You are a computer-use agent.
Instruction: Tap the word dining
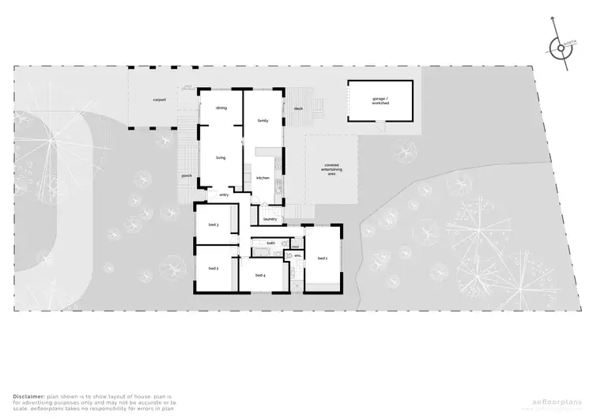[x=221, y=108]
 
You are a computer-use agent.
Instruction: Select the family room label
[x=263, y=120]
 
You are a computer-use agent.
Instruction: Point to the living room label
[x=221, y=158]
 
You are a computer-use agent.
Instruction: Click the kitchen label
[x=263, y=179]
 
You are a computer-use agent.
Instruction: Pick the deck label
[x=298, y=108]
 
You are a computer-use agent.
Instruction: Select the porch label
[x=187, y=176]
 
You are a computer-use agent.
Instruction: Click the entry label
[x=224, y=194]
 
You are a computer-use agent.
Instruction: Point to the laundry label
[x=269, y=219]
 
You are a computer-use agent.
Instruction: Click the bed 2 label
[x=213, y=269]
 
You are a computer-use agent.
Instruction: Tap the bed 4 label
[x=259, y=275]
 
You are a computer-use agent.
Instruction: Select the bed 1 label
[x=323, y=259]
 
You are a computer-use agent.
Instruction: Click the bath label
[x=270, y=243]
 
